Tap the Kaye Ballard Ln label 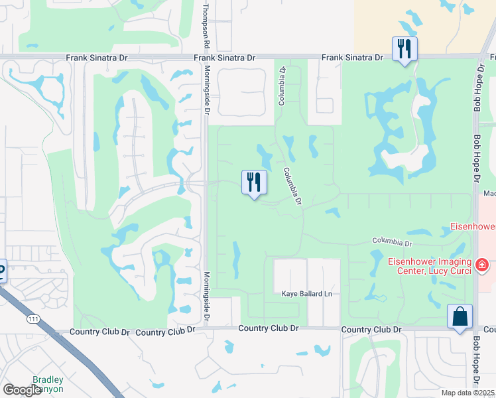point(306,294)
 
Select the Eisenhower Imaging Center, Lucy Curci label point(430,265)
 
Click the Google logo point(22,391)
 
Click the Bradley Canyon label point(48,385)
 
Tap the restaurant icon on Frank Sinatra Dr point(403,48)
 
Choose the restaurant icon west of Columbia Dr point(253,182)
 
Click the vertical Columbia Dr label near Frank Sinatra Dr point(282,86)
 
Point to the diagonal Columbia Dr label point(293,186)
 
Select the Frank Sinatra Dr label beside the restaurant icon point(353,58)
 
